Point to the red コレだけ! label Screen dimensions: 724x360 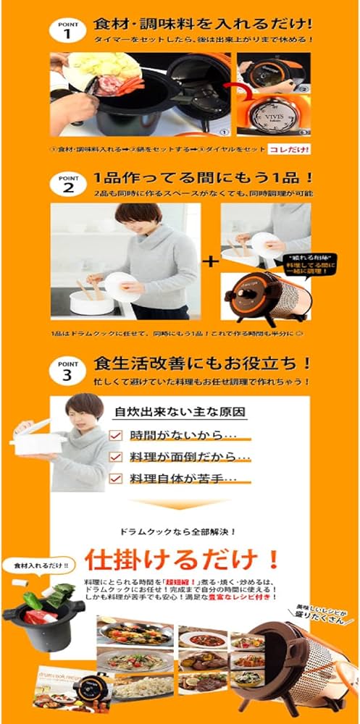click(x=288, y=150)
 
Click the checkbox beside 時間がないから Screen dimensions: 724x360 click(x=116, y=435)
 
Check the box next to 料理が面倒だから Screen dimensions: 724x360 click(x=116, y=457)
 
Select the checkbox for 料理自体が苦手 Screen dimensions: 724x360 click(x=116, y=479)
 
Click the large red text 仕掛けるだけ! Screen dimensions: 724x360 click(x=181, y=560)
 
